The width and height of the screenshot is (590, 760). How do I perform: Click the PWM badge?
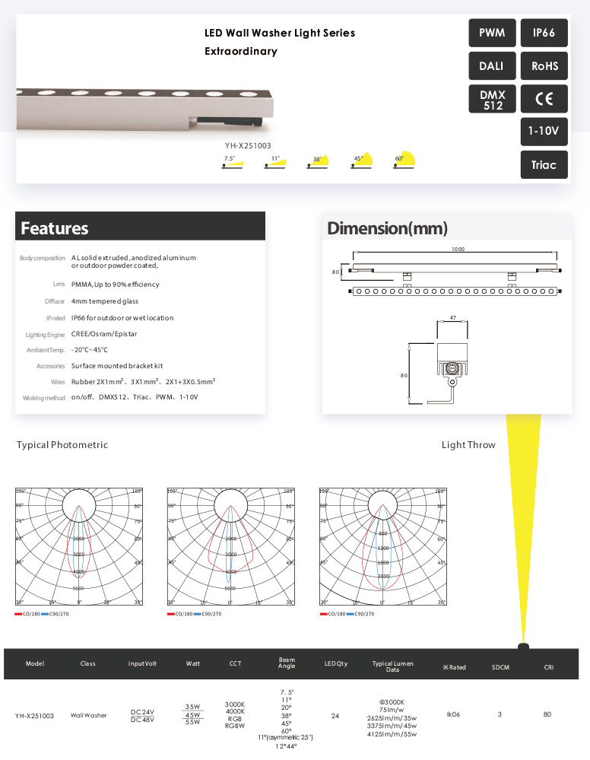492,33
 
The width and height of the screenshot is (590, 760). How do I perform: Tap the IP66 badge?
544,33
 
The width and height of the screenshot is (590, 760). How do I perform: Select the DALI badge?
492,66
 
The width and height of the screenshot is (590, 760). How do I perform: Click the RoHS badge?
544,66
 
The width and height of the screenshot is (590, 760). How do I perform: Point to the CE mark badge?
544,99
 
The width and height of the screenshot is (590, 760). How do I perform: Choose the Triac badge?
544,164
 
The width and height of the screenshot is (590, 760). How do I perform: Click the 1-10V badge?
544,132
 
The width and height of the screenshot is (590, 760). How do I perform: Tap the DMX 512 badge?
492,99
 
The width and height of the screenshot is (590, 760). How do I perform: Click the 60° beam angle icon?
404,161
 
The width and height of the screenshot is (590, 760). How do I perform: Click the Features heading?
55,228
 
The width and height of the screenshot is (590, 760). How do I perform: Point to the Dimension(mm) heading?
387,228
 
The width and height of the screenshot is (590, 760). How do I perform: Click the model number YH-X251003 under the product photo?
248,145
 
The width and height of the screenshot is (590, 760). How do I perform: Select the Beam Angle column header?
287,663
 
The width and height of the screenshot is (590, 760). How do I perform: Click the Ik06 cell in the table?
454,714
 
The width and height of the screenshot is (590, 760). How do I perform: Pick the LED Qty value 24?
335,714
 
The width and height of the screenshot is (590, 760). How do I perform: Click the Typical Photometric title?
62,445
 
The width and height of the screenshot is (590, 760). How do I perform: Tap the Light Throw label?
468,445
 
